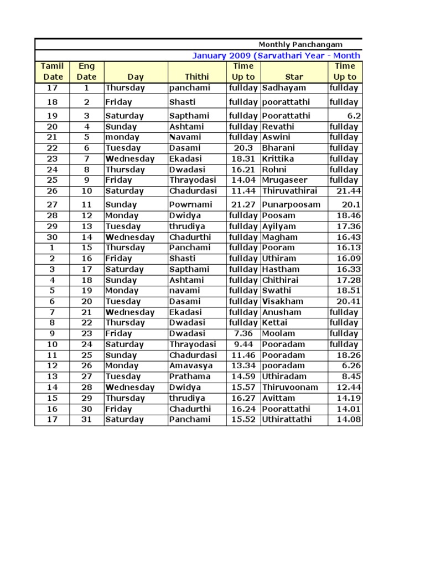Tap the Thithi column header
tap(197, 77)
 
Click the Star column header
tap(294, 77)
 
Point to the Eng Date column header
tap(86, 71)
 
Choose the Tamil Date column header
tap(53, 71)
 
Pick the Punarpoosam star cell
tap(291, 204)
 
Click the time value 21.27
tap(242, 204)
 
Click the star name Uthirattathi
tap(287, 419)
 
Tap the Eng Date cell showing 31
tap(86, 419)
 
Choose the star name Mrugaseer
tap(284, 180)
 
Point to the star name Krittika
tap(278, 158)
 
